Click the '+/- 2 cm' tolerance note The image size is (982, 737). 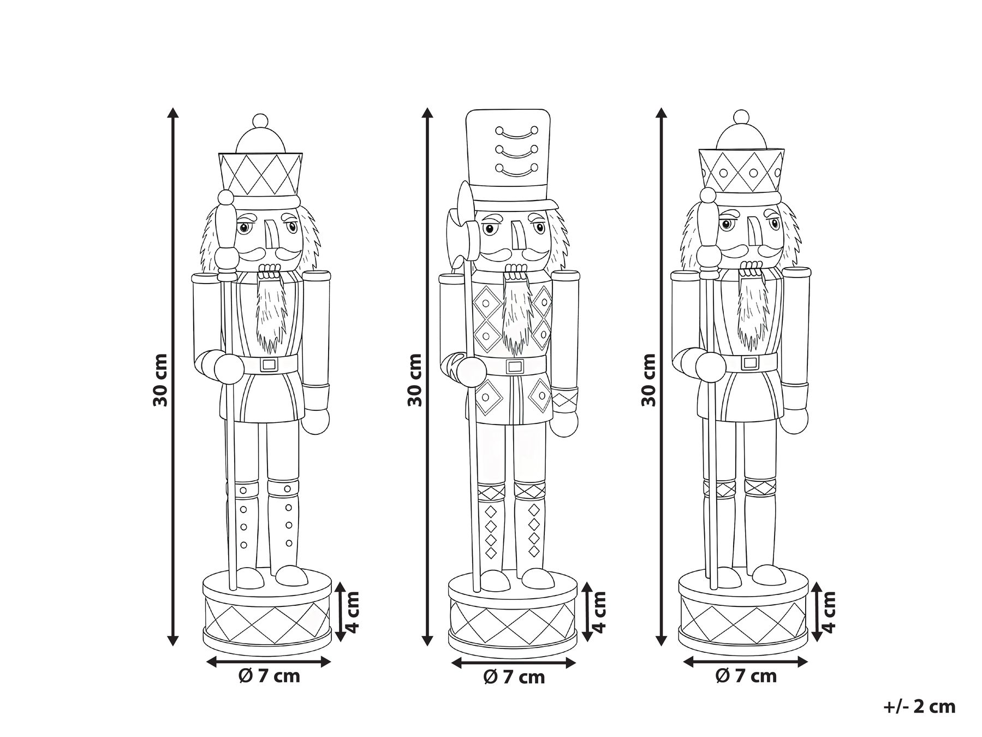(x=919, y=706)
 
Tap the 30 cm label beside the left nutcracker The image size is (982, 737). (x=160, y=380)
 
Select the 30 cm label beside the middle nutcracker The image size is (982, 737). (x=415, y=380)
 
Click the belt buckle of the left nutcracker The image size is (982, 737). (x=269, y=364)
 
